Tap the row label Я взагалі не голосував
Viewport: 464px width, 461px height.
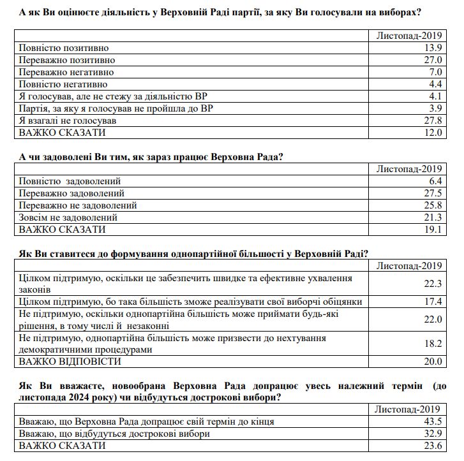point(68,121)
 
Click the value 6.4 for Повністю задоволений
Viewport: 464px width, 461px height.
point(435,181)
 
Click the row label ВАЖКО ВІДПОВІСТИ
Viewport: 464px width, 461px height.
point(70,362)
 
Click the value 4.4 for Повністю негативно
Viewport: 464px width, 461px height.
point(435,84)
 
